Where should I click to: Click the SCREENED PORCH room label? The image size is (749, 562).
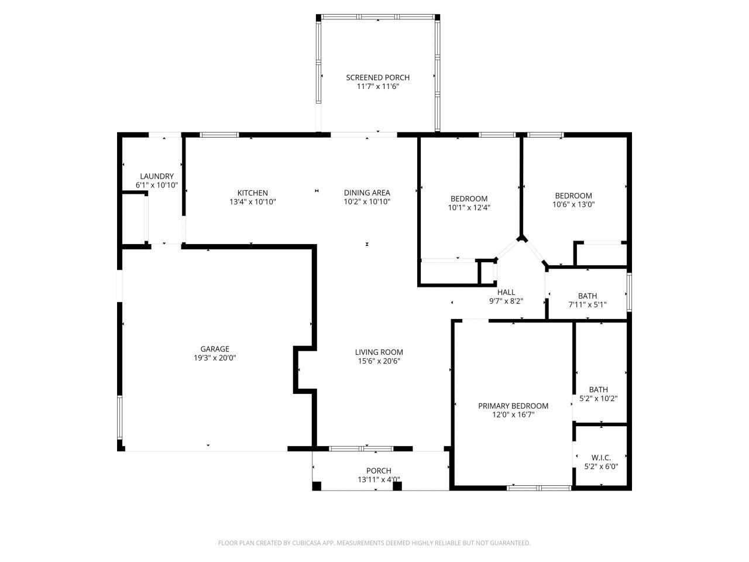tap(377, 77)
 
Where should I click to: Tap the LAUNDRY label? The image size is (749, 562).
tap(156, 176)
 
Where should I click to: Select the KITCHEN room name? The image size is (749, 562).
tap(252, 193)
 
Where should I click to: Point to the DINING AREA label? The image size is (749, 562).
tap(367, 193)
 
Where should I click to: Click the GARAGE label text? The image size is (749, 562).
tap(215, 349)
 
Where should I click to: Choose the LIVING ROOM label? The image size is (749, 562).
tap(379, 352)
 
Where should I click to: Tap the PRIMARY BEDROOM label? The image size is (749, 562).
tap(513, 406)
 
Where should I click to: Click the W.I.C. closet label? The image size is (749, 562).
tap(601, 458)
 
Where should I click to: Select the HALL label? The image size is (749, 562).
tap(506, 292)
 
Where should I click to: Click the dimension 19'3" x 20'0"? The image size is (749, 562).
tap(215, 358)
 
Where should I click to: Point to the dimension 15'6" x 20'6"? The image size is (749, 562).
tap(379, 361)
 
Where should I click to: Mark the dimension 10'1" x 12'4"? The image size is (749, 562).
tap(469, 207)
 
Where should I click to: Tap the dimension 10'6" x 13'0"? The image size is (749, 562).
tap(573, 204)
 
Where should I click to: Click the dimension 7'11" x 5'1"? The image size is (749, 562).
tap(587, 304)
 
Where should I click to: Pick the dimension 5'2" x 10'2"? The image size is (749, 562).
tap(598, 399)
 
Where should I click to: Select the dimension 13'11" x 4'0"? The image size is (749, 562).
tap(379, 479)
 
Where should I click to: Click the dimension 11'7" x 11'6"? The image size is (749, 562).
tap(377, 86)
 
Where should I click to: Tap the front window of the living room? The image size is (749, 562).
tap(361, 449)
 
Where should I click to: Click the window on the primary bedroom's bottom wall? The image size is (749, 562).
tap(539, 487)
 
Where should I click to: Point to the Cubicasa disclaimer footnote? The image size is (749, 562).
tap(374, 543)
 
